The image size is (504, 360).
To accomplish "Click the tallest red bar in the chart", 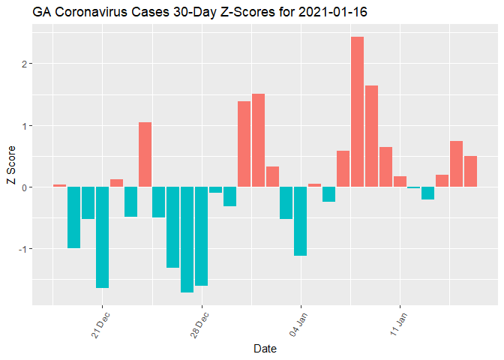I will pyautogui.click(x=357, y=112).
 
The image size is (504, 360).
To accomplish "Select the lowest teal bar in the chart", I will pyautogui.click(x=187, y=239).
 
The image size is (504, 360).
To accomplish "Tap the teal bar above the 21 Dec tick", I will pyautogui.click(x=102, y=237).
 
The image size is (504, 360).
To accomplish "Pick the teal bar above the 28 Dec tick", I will pyautogui.click(x=201, y=236).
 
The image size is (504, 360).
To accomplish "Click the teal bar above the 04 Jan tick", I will pyautogui.click(x=301, y=221).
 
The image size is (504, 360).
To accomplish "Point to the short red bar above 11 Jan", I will pyautogui.click(x=400, y=181).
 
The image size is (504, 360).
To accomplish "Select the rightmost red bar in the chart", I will pyautogui.click(x=471, y=171).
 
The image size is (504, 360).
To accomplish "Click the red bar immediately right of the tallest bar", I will pyautogui.click(x=371, y=136).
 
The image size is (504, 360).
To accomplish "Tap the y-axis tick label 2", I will pyautogui.click(x=25, y=64).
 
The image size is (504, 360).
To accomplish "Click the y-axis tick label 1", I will pyautogui.click(x=25, y=125).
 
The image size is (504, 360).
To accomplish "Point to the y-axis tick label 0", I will pyautogui.click(x=25, y=187).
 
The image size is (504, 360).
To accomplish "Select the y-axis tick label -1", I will pyautogui.click(x=23, y=249).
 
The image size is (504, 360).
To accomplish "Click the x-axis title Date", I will pyautogui.click(x=265, y=349).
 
